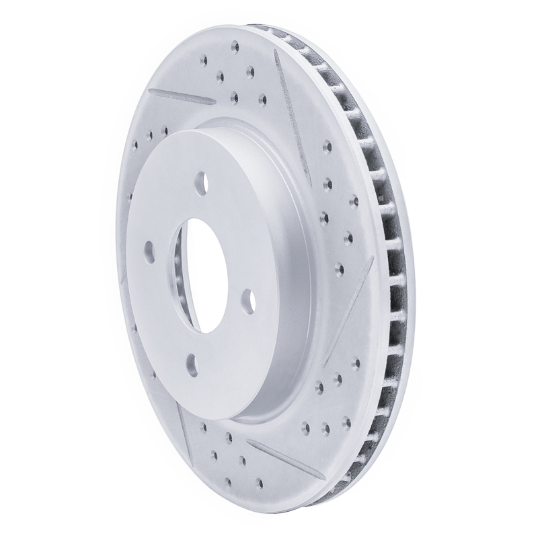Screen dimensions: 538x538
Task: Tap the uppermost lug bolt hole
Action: (202, 180)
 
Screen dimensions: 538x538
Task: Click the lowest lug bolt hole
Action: (191, 363)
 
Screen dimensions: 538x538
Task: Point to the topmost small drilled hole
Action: (235, 47)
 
